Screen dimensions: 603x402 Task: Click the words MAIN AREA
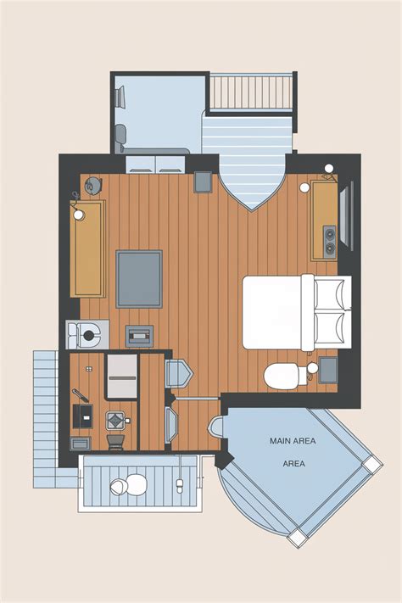point(293,441)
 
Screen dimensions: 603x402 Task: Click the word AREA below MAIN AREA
point(293,465)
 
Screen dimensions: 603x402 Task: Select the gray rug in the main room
point(139,279)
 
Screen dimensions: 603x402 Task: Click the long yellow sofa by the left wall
point(88,248)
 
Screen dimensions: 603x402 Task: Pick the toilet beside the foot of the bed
point(280,375)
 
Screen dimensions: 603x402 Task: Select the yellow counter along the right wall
point(325,219)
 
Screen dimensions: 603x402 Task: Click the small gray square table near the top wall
point(204,181)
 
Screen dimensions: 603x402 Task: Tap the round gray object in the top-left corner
point(93,184)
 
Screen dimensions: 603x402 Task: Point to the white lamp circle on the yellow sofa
point(79,215)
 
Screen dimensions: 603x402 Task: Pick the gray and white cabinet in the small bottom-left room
point(121,374)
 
